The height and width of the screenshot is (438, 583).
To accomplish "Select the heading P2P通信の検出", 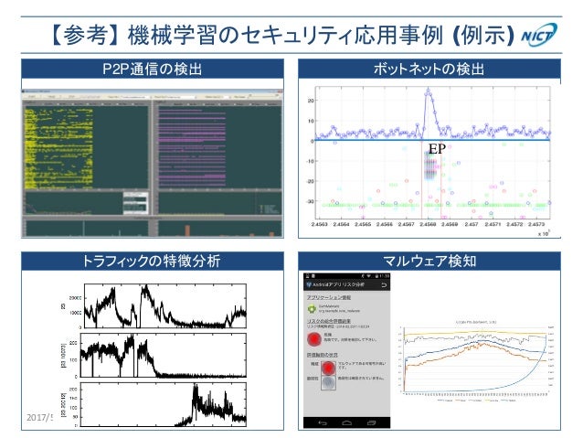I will click(152, 70).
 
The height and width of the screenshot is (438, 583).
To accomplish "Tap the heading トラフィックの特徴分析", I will click(152, 261).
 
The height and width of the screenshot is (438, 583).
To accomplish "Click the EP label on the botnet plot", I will click(436, 149).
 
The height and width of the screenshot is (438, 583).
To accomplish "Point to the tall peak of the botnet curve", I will click(428, 91).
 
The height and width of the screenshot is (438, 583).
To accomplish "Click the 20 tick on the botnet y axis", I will click(310, 101).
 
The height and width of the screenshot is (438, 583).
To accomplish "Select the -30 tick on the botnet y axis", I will click(308, 202).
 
